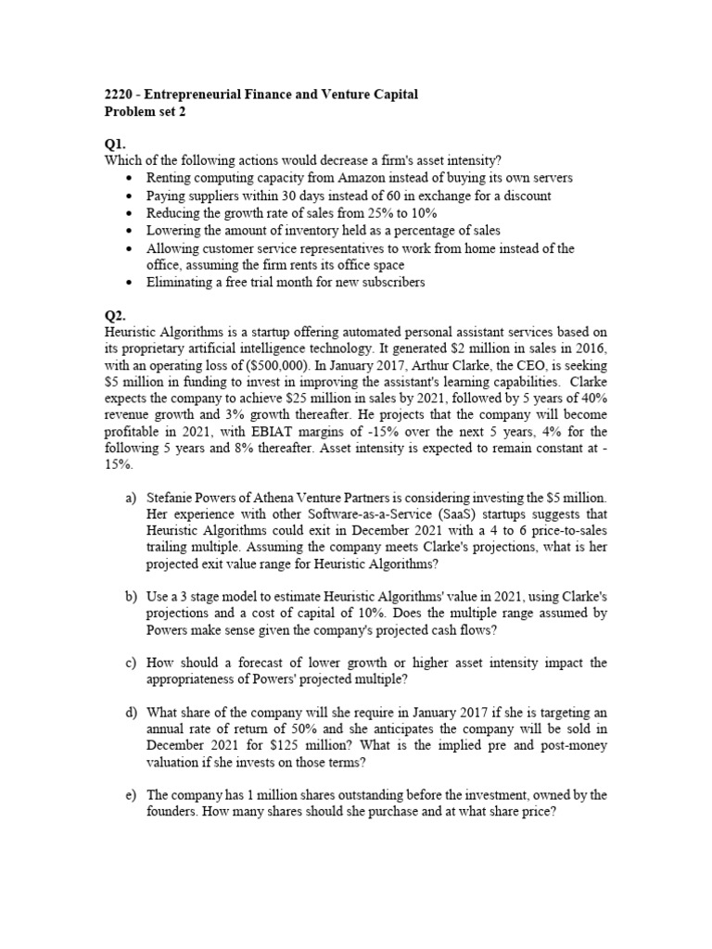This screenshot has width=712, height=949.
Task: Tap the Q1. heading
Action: (114, 145)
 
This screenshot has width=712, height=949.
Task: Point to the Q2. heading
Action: (114, 315)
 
